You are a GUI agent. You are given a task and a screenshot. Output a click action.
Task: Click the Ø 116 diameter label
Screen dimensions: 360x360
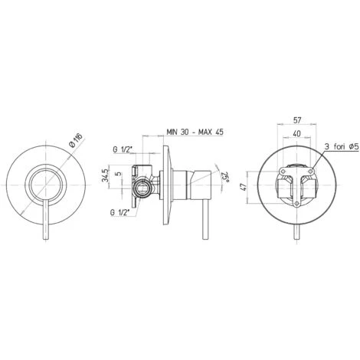click(x=77, y=140)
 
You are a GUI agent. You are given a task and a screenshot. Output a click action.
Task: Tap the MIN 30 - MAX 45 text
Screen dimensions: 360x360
click(x=195, y=132)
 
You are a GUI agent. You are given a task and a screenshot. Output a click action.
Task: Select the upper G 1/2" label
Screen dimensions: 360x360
click(x=123, y=149)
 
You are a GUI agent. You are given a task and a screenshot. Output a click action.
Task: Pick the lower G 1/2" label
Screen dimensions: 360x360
click(x=119, y=212)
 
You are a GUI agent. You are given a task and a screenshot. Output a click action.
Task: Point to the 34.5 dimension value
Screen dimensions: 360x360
click(x=105, y=176)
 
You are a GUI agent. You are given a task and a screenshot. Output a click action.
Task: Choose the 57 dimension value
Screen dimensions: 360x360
click(x=297, y=120)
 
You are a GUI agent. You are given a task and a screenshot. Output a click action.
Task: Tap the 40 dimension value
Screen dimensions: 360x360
click(x=297, y=133)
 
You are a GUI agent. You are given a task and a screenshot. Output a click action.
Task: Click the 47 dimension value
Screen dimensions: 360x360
click(x=244, y=187)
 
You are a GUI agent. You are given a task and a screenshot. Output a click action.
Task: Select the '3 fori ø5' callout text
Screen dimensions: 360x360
click(x=342, y=146)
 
